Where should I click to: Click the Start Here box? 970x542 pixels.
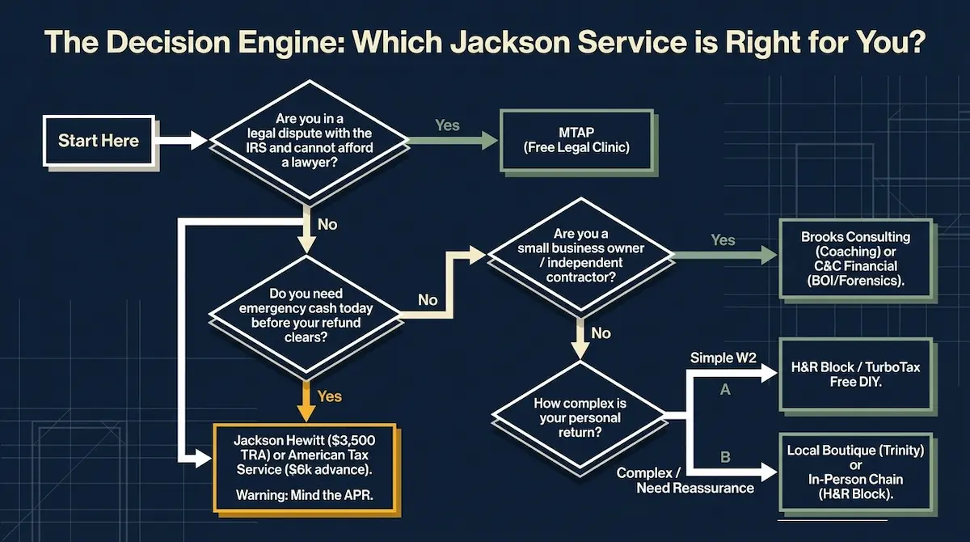click(98, 141)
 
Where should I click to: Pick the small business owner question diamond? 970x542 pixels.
click(581, 256)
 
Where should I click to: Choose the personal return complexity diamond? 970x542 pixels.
click(580, 418)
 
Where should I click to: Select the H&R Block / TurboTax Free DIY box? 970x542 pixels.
click(855, 375)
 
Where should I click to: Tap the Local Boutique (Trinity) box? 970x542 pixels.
click(855, 472)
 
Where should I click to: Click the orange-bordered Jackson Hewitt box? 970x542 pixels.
click(304, 467)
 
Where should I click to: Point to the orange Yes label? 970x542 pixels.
click(330, 396)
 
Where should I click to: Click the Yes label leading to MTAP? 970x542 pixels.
click(447, 125)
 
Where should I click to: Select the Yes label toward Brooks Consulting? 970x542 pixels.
click(723, 240)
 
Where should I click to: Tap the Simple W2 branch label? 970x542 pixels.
click(723, 357)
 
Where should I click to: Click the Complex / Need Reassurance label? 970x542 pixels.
click(685, 480)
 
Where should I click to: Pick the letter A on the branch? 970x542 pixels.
click(725, 390)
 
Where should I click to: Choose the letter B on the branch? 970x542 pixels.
click(725, 457)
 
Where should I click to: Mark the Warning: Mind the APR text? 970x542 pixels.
click(303, 494)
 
